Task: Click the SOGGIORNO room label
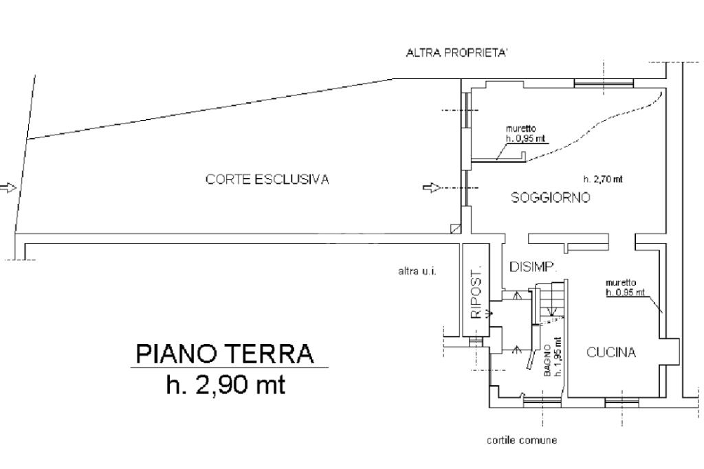551,197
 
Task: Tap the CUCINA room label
611,352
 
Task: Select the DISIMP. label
533,267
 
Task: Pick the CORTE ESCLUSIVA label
267,179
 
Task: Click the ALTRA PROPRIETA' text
456,53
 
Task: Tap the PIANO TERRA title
225,354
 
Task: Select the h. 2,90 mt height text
225,385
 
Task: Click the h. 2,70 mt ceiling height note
603,179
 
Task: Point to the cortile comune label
522,440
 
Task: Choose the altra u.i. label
417,271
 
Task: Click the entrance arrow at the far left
8,187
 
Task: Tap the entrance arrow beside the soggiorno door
432,187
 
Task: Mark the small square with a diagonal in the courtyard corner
455,229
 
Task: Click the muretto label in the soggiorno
521,128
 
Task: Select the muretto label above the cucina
621,283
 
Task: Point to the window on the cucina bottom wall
621,402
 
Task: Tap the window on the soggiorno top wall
604,83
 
